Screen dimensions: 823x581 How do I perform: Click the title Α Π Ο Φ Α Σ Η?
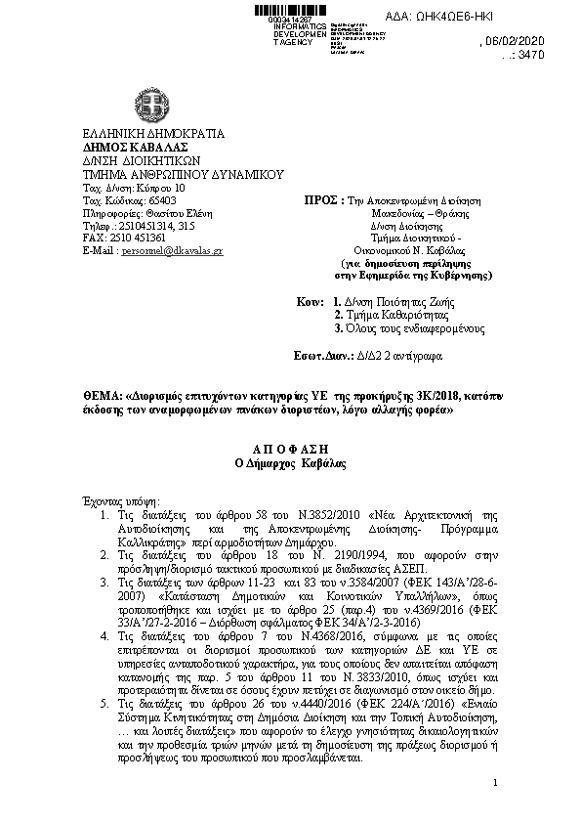click(x=291, y=446)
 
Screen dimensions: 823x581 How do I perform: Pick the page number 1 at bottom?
click(x=496, y=782)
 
